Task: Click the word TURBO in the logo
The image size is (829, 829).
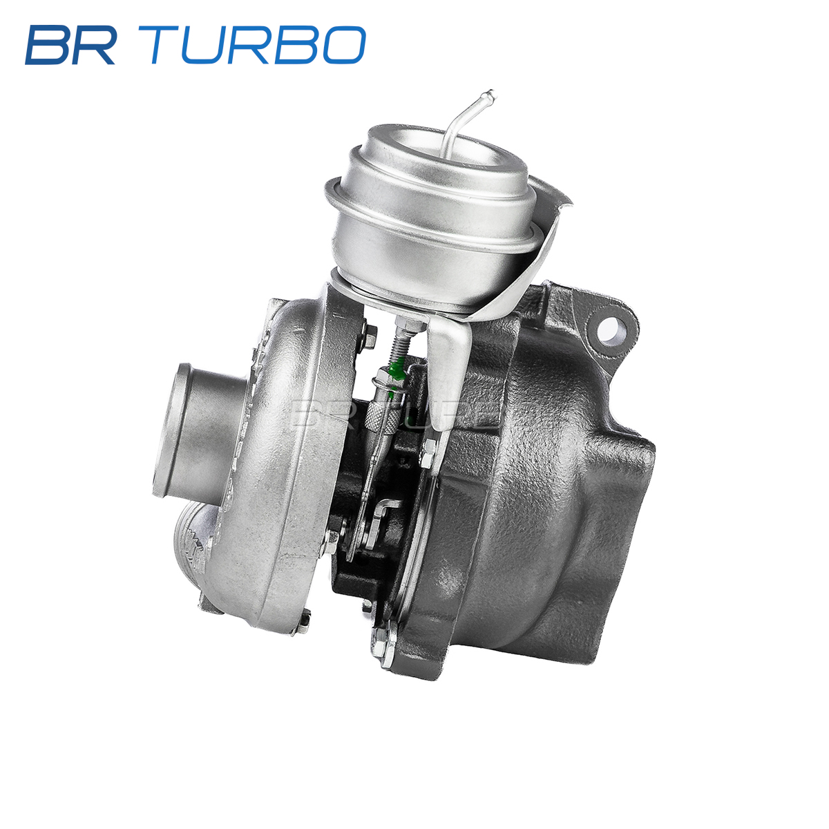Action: pyautogui.click(x=258, y=45)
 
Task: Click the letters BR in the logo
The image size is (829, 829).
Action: pyautogui.click(x=70, y=45)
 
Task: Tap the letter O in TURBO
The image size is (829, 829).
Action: pyautogui.click(x=345, y=45)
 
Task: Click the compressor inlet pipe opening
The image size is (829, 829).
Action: pyautogui.click(x=173, y=428)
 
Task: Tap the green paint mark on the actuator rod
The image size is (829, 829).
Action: pyautogui.click(x=396, y=374)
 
